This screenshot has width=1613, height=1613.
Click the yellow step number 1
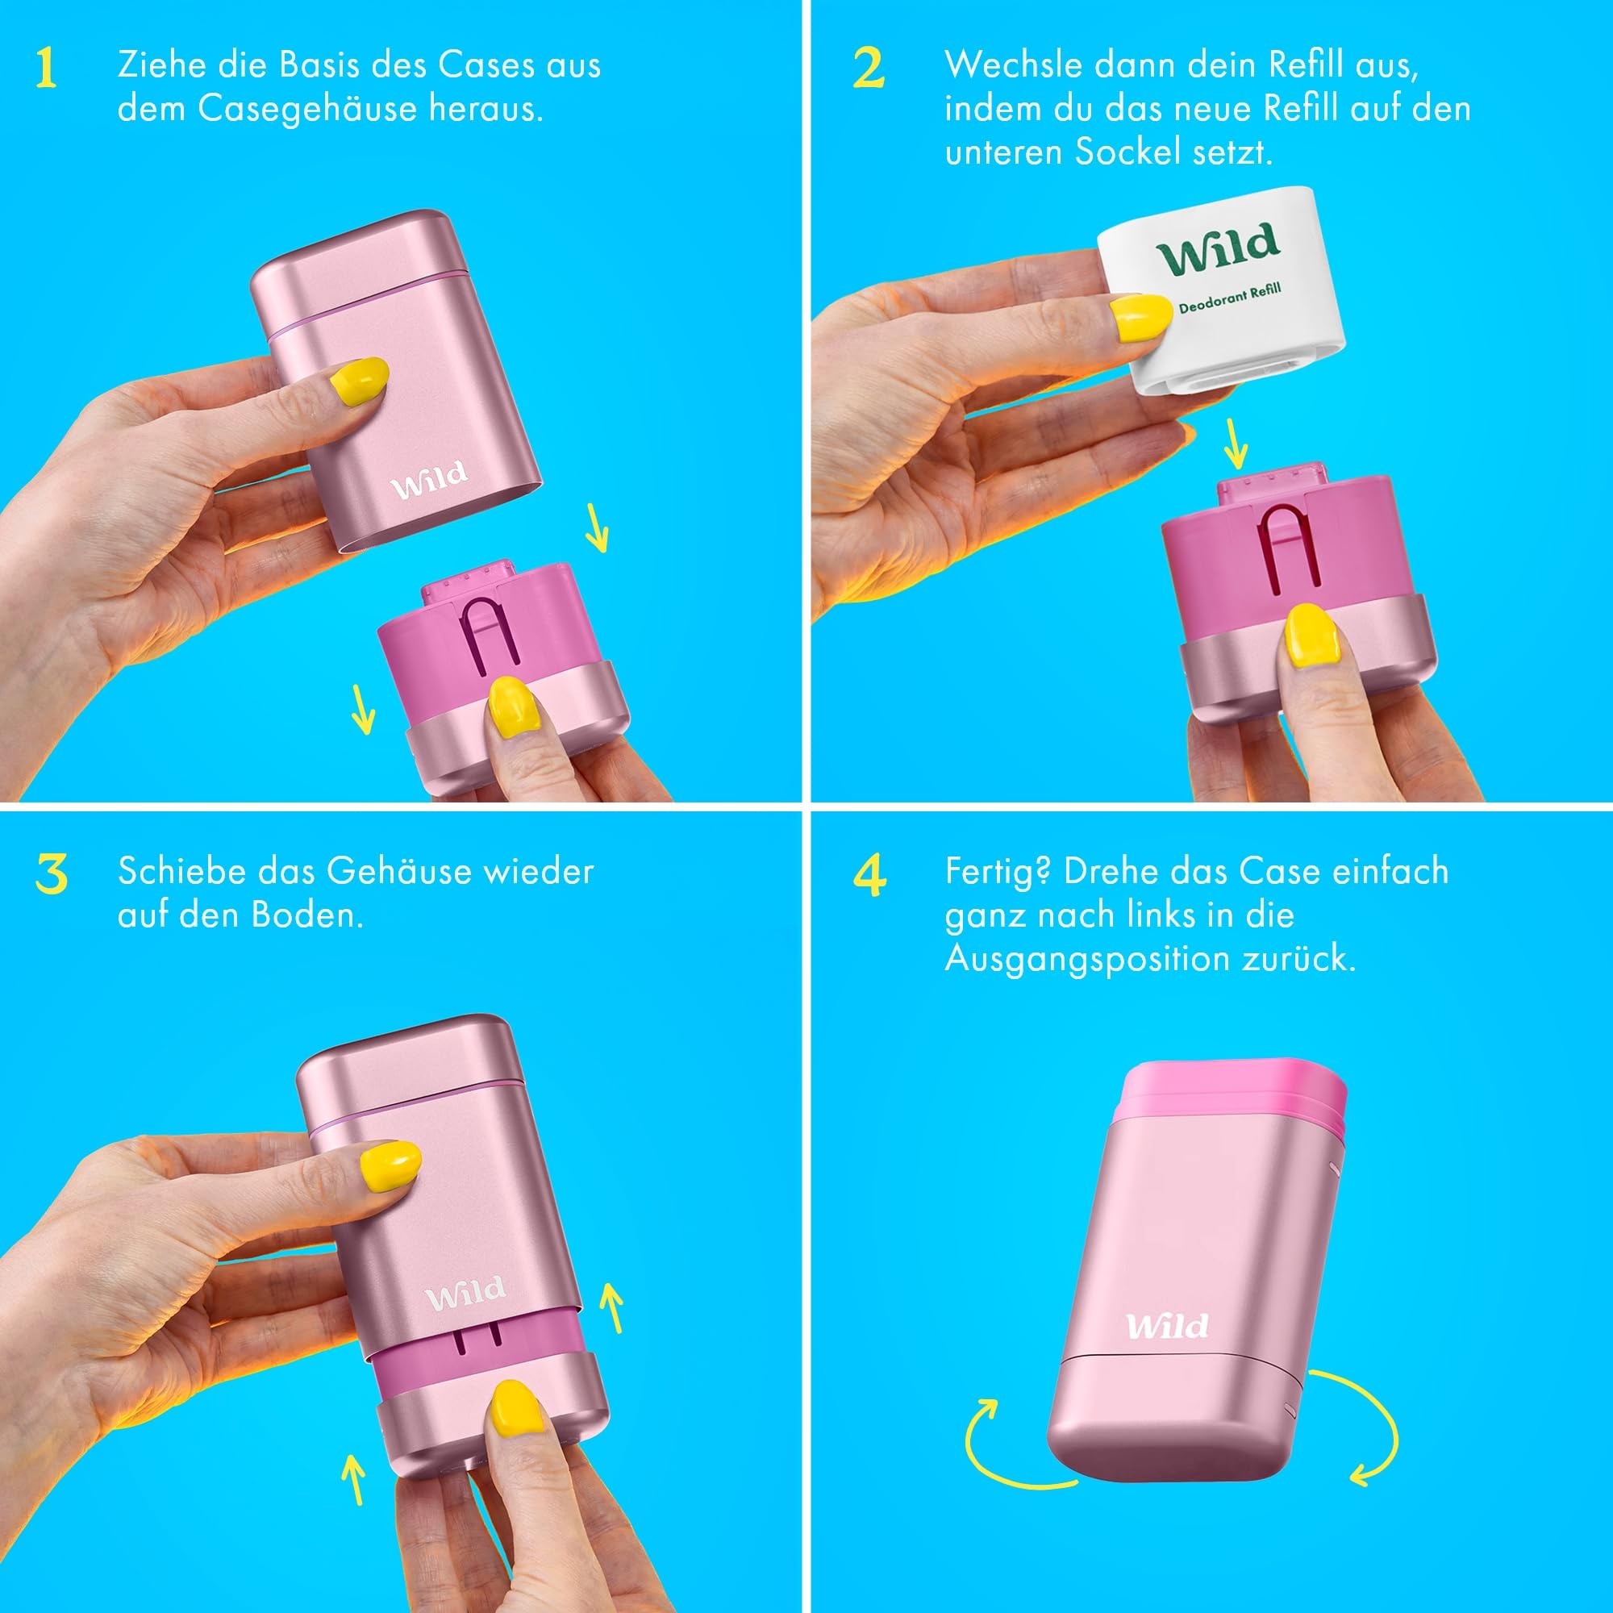[46, 68]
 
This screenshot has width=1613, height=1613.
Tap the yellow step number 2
[869, 68]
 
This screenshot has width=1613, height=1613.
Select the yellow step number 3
[51, 874]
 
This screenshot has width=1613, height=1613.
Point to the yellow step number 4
[869, 875]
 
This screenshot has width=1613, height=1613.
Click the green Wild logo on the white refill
[1218, 248]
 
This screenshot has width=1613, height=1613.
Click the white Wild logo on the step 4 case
[1166, 1326]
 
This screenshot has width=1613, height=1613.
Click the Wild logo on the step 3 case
[465, 1294]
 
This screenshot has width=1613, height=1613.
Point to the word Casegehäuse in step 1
[307, 109]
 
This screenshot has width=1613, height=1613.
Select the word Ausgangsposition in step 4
[1086, 958]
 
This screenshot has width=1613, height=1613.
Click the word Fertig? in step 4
[997, 872]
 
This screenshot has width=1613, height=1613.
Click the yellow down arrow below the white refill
[1236, 444]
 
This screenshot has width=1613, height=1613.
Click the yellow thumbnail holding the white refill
[1141, 317]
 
